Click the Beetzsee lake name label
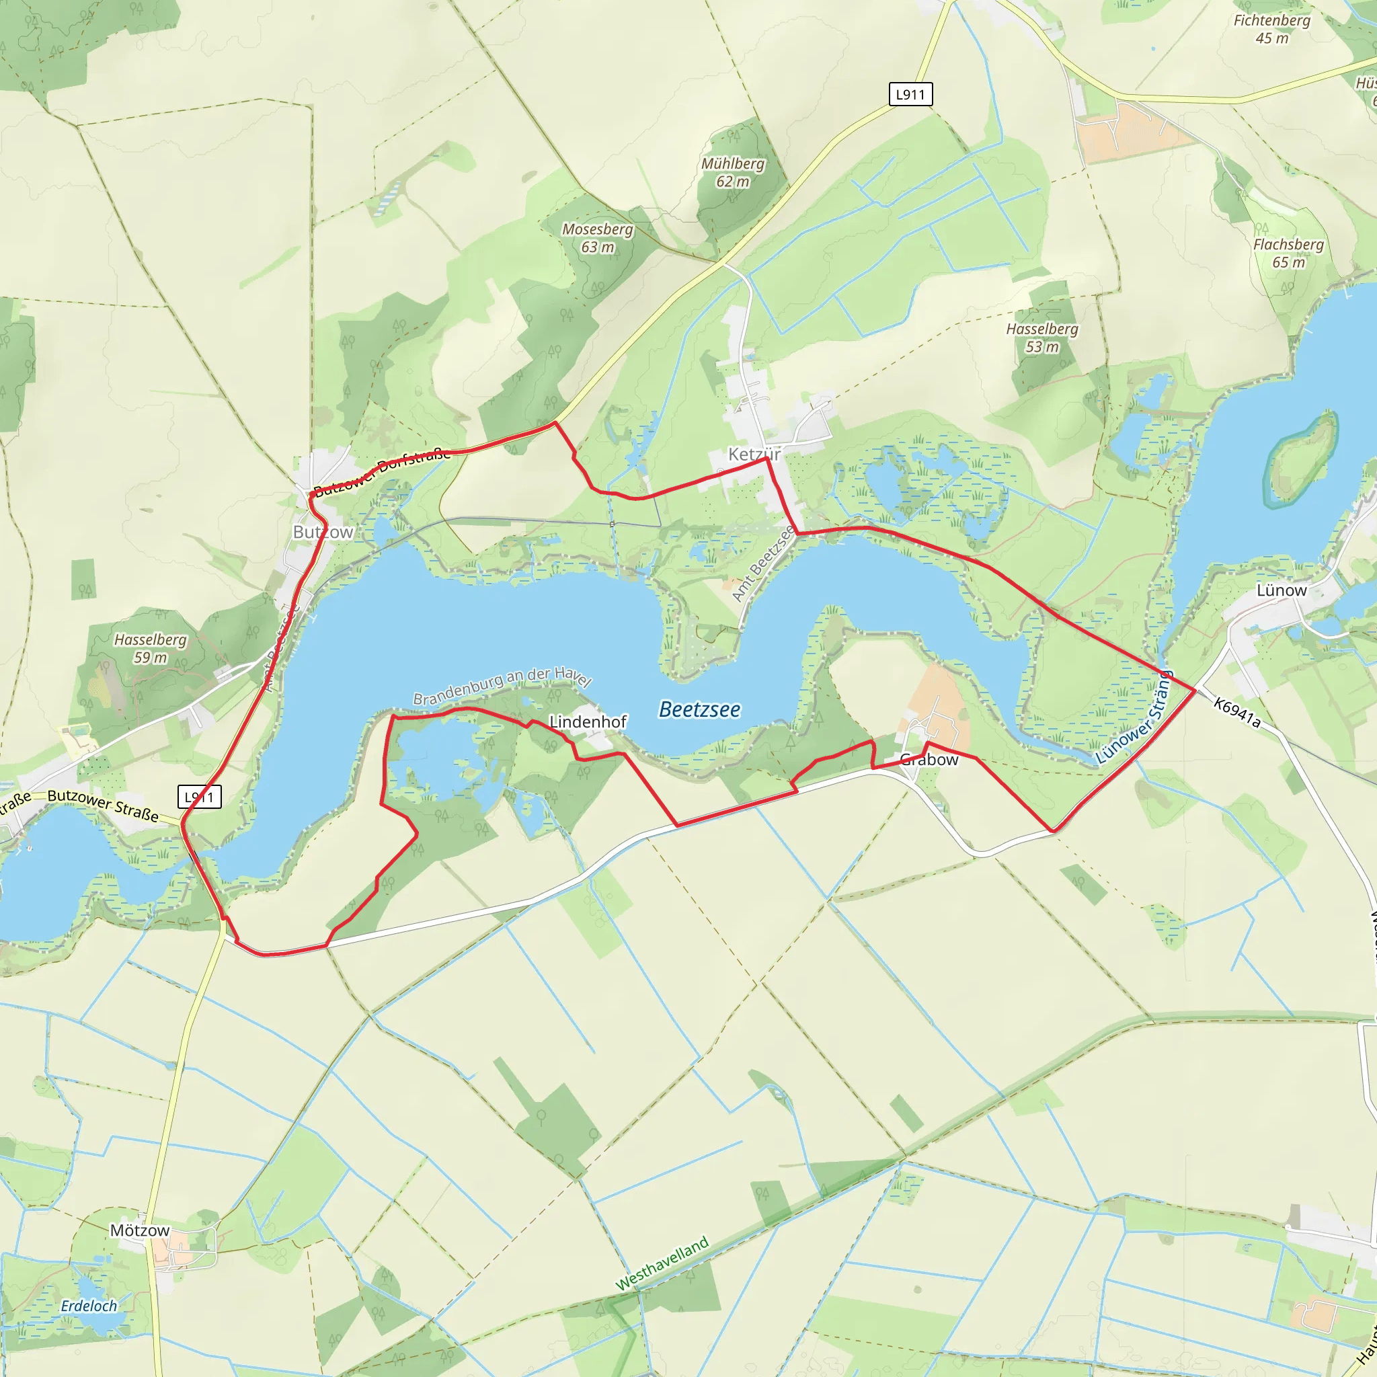pyautogui.click(x=699, y=710)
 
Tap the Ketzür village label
pyautogui.click(x=754, y=454)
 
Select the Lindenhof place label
pyautogui.click(x=588, y=722)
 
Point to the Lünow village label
pyautogui.click(x=1282, y=590)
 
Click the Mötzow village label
pyautogui.click(x=140, y=1230)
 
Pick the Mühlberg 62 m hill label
pyautogui.click(x=733, y=173)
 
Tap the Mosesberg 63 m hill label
pyautogui.click(x=597, y=238)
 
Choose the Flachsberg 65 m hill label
pyautogui.click(x=1289, y=253)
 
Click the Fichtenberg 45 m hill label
pyautogui.click(x=1272, y=29)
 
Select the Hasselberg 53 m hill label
pyautogui.click(x=1042, y=338)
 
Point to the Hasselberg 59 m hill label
pyautogui.click(x=151, y=649)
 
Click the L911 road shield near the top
pyautogui.click(x=910, y=94)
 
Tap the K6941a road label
pyautogui.click(x=1237, y=713)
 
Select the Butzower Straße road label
pyautogui.click(x=103, y=805)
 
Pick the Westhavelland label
pyautogui.click(x=662, y=1263)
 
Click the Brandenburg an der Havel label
pyautogui.click(x=502, y=685)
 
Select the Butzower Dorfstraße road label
pyautogui.click(x=382, y=471)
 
